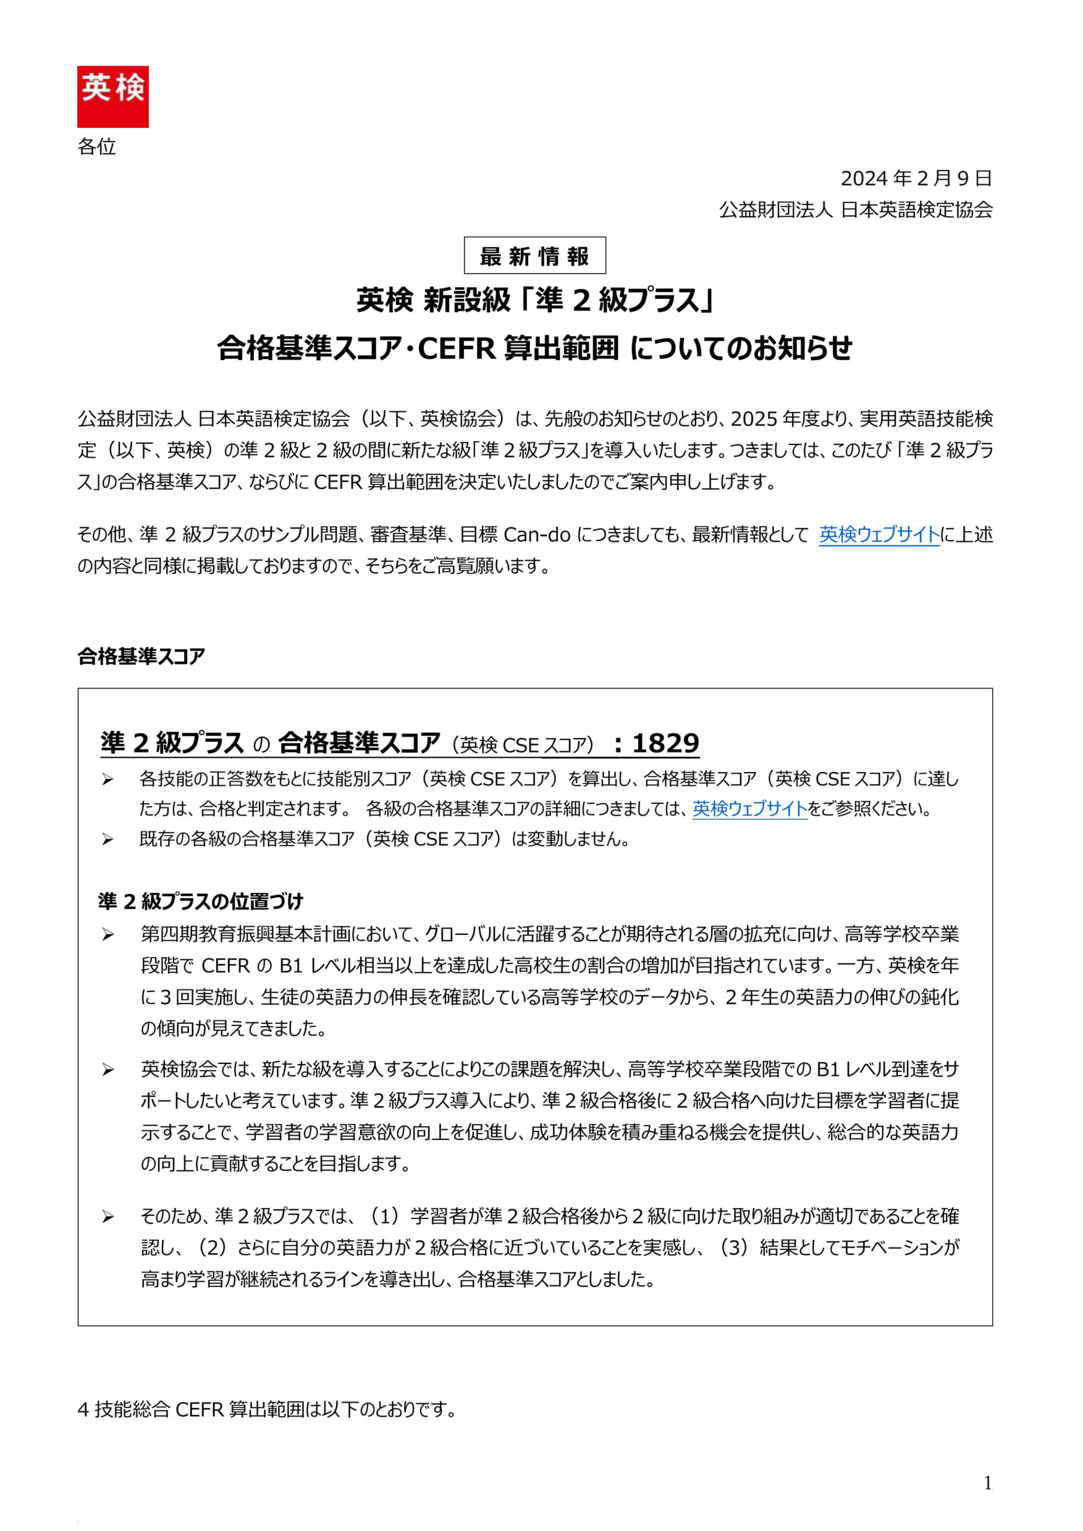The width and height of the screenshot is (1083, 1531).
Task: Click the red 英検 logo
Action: (x=112, y=97)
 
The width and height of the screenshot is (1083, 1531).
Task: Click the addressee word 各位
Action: (x=97, y=147)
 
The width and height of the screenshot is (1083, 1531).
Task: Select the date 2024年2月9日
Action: (x=916, y=179)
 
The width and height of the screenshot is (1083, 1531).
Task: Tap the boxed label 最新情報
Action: (x=535, y=256)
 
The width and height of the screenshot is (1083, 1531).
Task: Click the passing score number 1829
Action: (x=666, y=743)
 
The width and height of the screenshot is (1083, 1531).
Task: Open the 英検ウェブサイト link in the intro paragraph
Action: (x=879, y=535)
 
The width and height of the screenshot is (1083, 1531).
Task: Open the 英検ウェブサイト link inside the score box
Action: (x=749, y=809)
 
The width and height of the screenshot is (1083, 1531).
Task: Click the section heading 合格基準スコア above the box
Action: (x=141, y=657)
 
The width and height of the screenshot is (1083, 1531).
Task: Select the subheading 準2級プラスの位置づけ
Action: (x=200, y=901)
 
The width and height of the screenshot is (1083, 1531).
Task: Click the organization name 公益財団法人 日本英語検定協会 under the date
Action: (x=856, y=210)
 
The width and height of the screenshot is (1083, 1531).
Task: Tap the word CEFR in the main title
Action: (x=457, y=348)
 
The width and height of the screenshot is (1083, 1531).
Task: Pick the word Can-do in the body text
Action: (x=537, y=535)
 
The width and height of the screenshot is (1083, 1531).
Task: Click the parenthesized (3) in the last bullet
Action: (x=734, y=1248)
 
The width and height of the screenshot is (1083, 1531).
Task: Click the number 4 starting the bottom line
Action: (x=83, y=1410)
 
